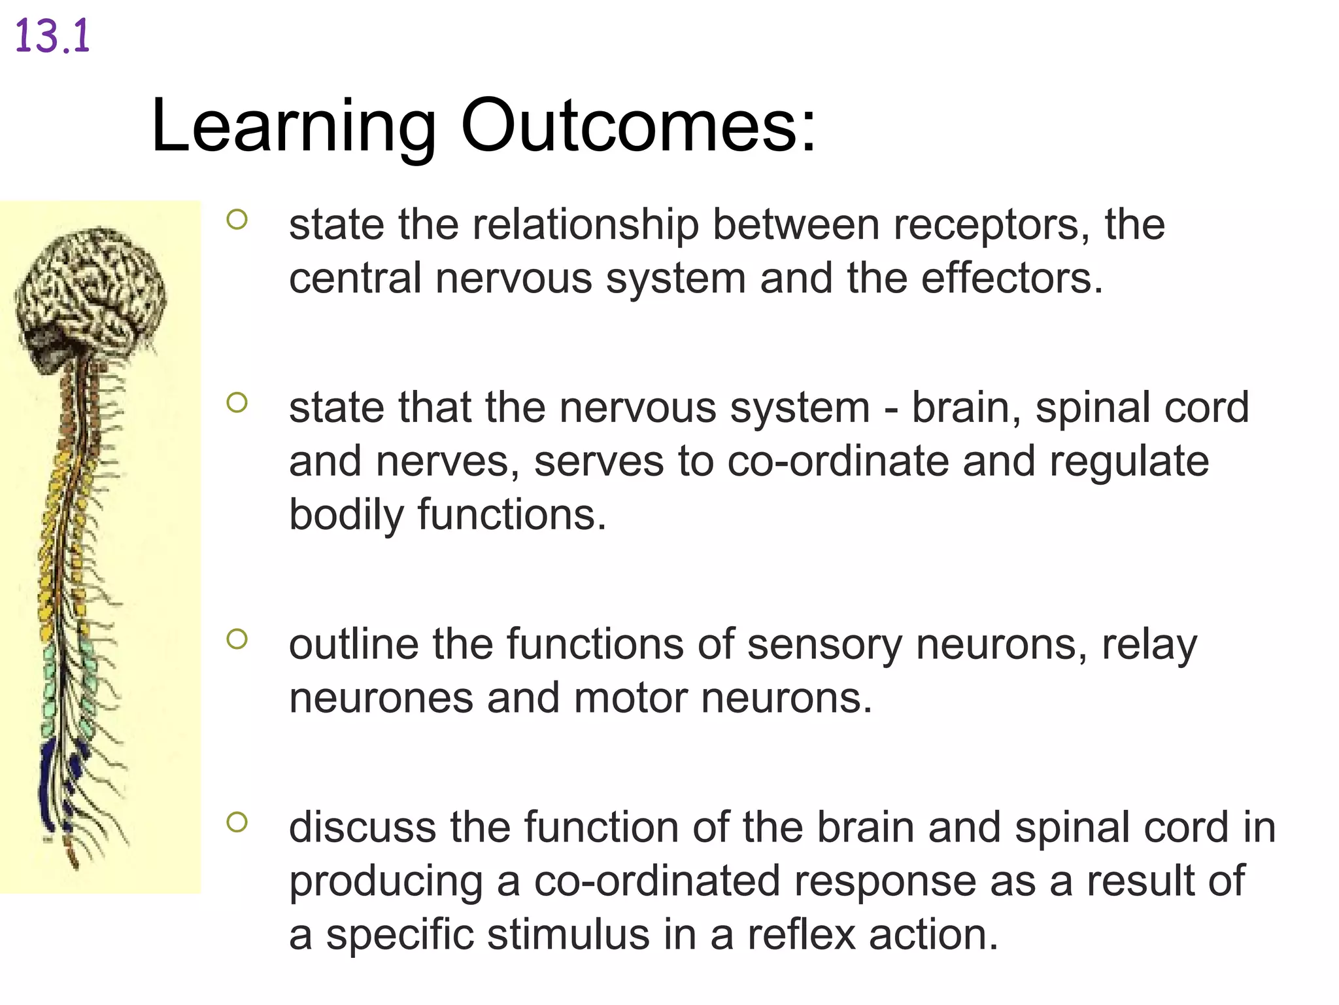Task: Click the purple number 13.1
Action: (52, 37)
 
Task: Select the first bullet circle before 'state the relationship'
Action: (237, 219)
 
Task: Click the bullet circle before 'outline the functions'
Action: (237, 639)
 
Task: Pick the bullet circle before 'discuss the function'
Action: (237, 822)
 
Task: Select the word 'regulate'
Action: (1129, 463)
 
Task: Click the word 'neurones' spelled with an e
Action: (381, 699)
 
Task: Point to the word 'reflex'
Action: (802, 935)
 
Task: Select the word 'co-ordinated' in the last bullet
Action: (657, 881)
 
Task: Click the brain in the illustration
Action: (92, 288)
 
